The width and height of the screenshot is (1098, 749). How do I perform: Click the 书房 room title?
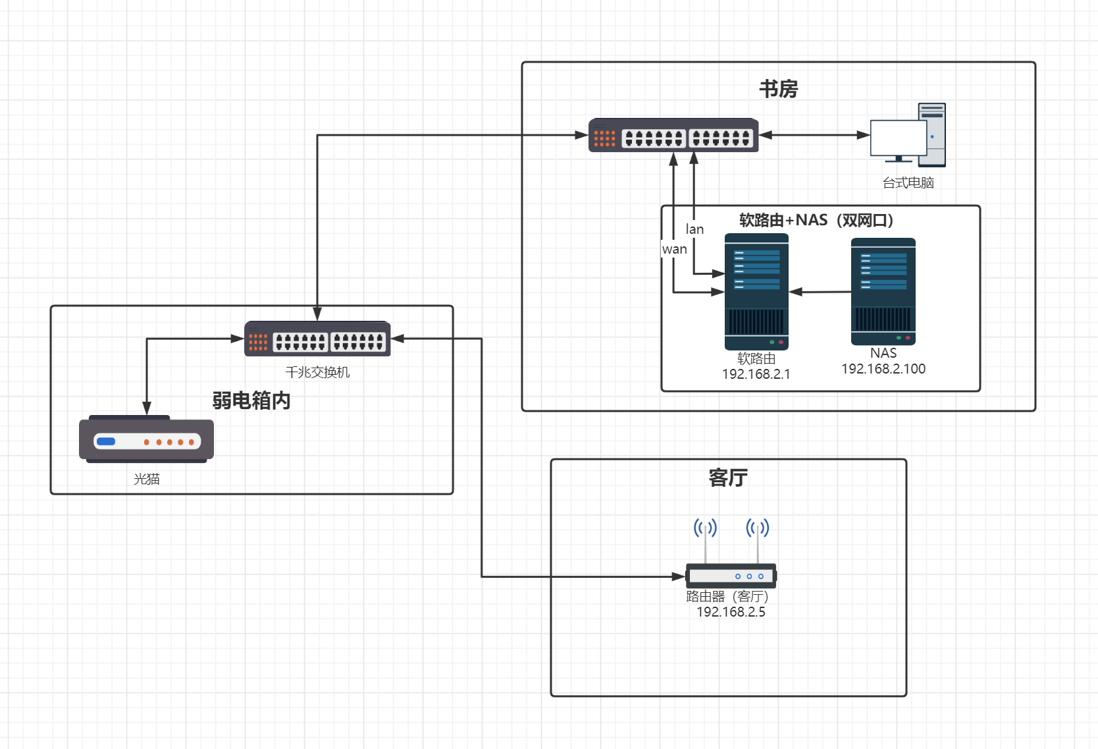pyautogui.click(x=778, y=89)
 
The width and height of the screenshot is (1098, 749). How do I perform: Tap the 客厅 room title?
pyautogui.click(x=727, y=478)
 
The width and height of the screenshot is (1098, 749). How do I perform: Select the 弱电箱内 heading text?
pyautogui.click(x=251, y=401)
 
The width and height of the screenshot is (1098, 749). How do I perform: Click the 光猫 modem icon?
pyautogui.click(x=146, y=439)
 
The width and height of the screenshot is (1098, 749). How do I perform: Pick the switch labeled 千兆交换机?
pyautogui.click(x=317, y=339)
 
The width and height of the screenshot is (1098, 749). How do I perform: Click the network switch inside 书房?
pyautogui.click(x=673, y=136)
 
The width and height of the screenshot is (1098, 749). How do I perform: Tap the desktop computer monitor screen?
pyautogui.click(x=898, y=138)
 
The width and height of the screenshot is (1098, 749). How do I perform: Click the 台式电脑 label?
pyautogui.click(x=908, y=183)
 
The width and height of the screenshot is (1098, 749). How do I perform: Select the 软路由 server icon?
pyautogui.click(x=756, y=291)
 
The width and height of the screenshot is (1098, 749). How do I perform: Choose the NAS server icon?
pyautogui.click(x=883, y=291)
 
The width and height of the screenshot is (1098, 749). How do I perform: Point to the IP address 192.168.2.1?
pyautogui.click(x=756, y=374)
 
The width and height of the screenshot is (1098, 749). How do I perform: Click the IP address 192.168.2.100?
pyautogui.click(x=883, y=369)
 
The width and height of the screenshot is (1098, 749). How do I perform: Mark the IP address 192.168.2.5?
pyautogui.click(x=731, y=612)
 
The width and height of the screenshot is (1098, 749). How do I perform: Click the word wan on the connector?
pyautogui.click(x=674, y=250)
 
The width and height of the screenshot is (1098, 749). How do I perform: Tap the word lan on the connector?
pyautogui.click(x=694, y=229)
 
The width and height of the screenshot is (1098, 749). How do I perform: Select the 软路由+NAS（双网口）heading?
pyautogui.click(x=816, y=220)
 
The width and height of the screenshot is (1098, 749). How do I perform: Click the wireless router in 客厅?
pyautogui.click(x=731, y=575)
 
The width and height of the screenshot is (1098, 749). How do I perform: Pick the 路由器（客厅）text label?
pyautogui.click(x=727, y=596)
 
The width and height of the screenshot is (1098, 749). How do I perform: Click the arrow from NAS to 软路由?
pyautogui.click(x=820, y=292)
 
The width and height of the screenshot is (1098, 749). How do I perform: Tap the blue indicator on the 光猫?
pyautogui.click(x=105, y=441)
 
